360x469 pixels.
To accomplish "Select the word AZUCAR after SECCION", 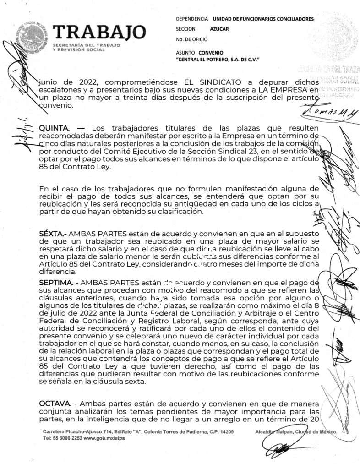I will coord(219,29).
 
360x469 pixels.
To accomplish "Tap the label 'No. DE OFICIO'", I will coord(191,39).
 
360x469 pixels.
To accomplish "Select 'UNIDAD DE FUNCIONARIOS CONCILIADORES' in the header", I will coord(263,19).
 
